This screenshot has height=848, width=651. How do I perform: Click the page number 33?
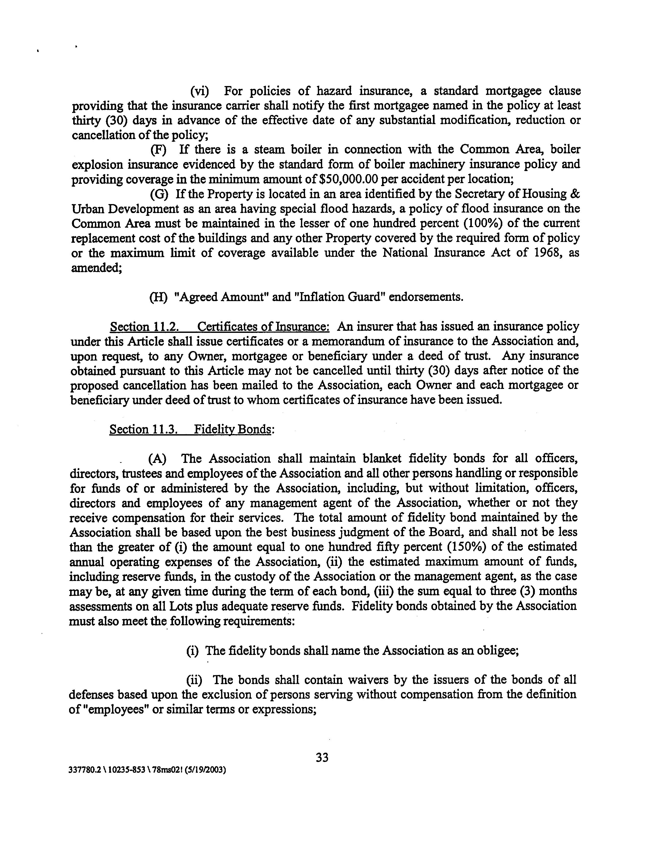point(322,757)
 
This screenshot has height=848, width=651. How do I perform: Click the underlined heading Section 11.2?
point(144,327)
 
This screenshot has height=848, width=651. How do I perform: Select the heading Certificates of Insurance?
point(264,327)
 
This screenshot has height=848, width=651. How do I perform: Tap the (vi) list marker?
point(200,91)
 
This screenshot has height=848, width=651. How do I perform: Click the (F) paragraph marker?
point(158,150)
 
